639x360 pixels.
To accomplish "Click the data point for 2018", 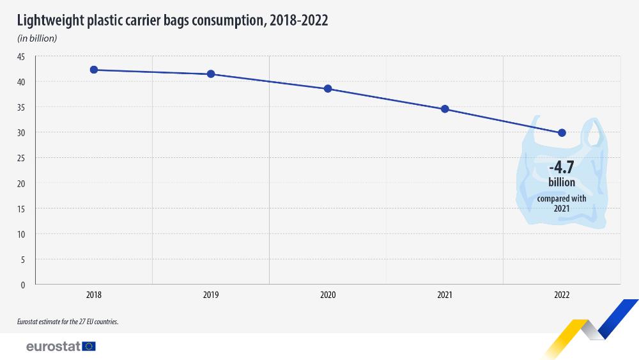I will [x=94, y=70].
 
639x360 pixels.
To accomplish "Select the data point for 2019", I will [x=211, y=74].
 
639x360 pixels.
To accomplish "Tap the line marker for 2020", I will [x=328, y=89].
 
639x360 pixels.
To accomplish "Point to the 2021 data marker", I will [x=445, y=109].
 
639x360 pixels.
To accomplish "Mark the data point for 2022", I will [x=562, y=133].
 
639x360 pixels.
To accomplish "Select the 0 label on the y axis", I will [x=23, y=285].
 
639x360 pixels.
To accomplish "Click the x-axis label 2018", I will [x=94, y=295].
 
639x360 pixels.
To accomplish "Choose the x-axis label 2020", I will [x=328, y=295].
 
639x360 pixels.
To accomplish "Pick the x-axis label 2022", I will [x=562, y=295].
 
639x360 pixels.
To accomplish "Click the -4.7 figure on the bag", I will [x=562, y=168].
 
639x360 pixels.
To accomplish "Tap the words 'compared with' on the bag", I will [x=562, y=199].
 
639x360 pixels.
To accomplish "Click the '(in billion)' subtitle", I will [x=38, y=38].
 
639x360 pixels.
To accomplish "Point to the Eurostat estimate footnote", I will [x=68, y=322].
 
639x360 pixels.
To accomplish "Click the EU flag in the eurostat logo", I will [x=89, y=347].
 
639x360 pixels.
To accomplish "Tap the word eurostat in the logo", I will [x=53, y=347].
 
